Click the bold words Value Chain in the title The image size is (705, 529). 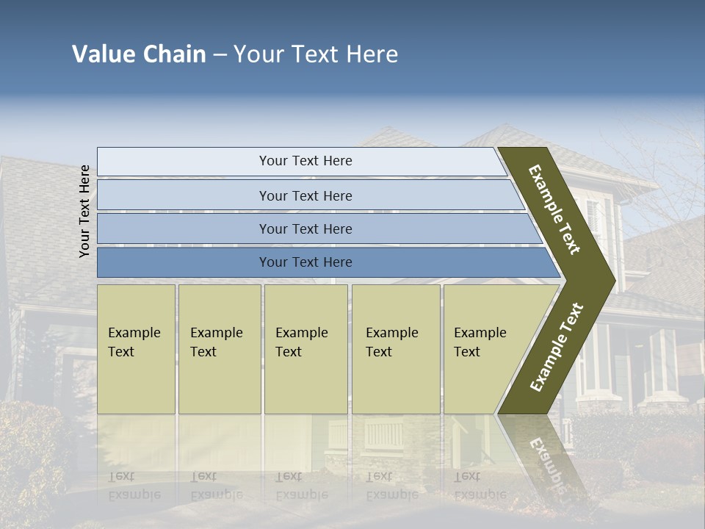point(139,54)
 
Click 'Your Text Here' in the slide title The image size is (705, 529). point(316,54)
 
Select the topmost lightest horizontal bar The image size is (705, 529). point(305,161)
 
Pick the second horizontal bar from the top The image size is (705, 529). point(305,195)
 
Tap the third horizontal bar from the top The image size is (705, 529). point(305,228)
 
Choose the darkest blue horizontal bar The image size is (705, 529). point(305,262)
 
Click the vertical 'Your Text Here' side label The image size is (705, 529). point(85,212)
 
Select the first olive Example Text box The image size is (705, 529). point(136,348)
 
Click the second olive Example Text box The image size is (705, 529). point(219,348)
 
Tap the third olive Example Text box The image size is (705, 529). point(305,348)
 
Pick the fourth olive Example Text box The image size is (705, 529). point(395,348)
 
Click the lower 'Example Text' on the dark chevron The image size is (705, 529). point(557,347)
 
